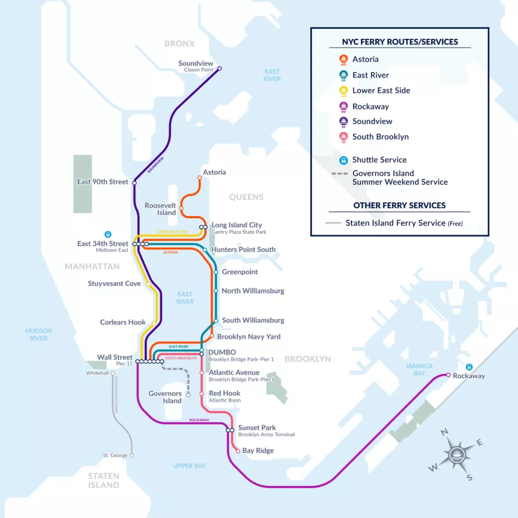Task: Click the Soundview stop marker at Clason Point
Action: click(x=220, y=69)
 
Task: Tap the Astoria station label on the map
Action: click(x=214, y=172)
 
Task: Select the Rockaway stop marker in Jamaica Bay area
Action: click(x=448, y=375)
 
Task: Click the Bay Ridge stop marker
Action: click(x=238, y=451)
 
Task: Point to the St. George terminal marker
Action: click(x=132, y=456)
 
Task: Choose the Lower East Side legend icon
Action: click(x=343, y=91)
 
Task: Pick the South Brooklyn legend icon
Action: click(x=343, y=137)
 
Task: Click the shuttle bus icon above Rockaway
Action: click(x=469, y=367)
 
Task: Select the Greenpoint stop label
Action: click(x=240, y=272)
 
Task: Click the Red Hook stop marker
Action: click(x=202, y=394)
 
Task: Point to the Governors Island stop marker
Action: click(x=188, y=394)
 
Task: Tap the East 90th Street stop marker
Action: click(x=134, y=182)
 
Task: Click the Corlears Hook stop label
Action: click(x=123, y=322)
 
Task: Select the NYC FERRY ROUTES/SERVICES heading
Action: click(x=400, y=42)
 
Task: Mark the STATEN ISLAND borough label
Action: click(x=104, y=480)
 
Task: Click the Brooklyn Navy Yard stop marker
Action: click(x=212, y=336)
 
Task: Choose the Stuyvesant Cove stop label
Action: click(x=114, y=283)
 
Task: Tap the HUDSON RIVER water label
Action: click(x=38, y=335)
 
